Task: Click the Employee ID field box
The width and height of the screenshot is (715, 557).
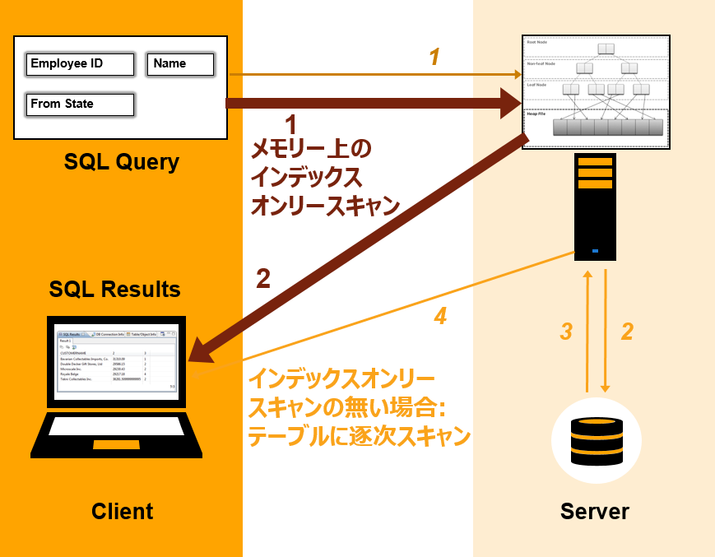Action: [80, 64]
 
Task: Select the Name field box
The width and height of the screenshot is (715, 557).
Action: [180, 64]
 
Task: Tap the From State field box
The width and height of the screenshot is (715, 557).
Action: [80, 104]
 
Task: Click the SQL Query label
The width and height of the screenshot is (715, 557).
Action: [122, 162]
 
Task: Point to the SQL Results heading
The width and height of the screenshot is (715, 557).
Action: [114, 289]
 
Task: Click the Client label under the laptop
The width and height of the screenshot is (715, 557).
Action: [122, 511]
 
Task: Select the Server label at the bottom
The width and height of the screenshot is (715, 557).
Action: [594, 511]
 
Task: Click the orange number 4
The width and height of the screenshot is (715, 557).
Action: [440, 315]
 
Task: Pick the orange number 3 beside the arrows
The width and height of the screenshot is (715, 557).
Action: [566, 332]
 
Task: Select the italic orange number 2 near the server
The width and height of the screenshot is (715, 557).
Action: [626, 332]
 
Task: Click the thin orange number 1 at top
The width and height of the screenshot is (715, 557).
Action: [434, 57]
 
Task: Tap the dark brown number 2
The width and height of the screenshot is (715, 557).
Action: [262, 279]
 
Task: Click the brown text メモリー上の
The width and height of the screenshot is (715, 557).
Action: [311, 149]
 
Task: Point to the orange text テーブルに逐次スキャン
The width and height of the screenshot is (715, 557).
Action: [359, 437]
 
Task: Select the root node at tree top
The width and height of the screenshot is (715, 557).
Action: [606, 49]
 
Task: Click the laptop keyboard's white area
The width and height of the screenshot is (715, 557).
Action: [116, 426]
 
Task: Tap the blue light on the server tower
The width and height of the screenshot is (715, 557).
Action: [595, 251]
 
